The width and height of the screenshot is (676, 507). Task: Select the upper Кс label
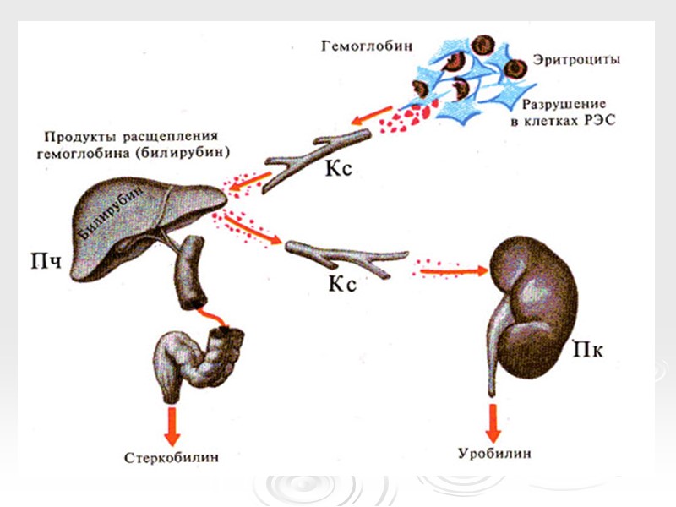[339, 167]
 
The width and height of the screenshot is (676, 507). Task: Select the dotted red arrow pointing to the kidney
[452, 271]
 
